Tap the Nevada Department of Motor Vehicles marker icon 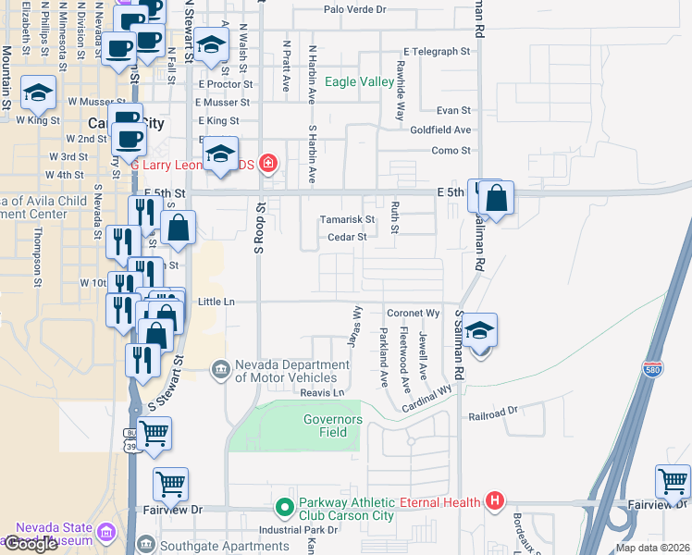point(220,370)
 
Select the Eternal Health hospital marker point(495,502)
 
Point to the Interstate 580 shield point(653,367)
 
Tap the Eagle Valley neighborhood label point(359,82)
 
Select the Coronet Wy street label point(413,314)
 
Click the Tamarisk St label point(347,220)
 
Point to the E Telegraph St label point(438,52)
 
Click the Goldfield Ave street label point(440,130)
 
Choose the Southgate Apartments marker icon point(145,544)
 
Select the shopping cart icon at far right point(673,481)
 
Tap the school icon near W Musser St point(38,92)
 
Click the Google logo point(31,544)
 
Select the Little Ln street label point(216,302)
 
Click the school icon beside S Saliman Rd point(479,330)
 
